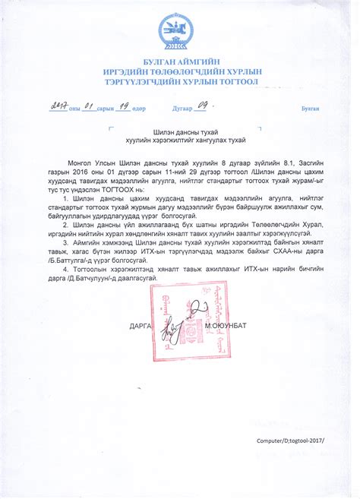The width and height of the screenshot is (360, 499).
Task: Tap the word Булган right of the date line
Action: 310,109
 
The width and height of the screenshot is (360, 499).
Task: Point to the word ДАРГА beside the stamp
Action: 141,325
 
